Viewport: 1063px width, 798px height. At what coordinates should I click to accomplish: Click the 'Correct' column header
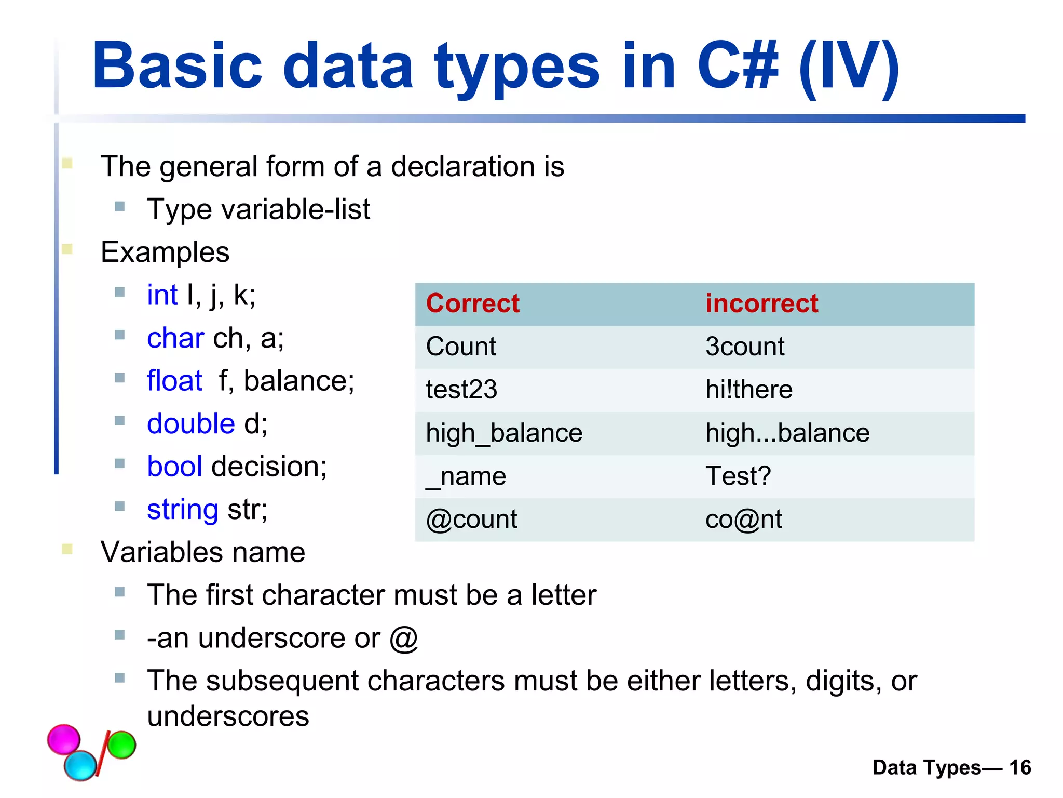tap(472, 303)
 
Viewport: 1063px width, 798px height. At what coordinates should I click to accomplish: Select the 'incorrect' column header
tap(761, 303)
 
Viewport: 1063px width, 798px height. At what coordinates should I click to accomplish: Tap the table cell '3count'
tap(745, 347)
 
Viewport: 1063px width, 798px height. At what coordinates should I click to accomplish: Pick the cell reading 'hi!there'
tap(748, 390)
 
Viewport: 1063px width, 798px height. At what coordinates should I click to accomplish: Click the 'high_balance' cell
tap(504, 433)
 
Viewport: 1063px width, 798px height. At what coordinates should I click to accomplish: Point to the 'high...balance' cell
tap(787, 433)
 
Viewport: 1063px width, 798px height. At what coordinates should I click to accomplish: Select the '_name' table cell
tap(466, 476)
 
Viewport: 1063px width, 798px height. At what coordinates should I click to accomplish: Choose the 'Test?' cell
tap(738, 476)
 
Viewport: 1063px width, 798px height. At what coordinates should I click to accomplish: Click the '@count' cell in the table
tap(471, 519)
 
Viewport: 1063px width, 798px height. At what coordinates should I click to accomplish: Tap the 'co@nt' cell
tap(743, 519)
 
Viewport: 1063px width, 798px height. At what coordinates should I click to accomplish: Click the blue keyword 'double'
tap(191, 423)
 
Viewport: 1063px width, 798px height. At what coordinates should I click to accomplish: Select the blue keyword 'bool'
tap(174, 467)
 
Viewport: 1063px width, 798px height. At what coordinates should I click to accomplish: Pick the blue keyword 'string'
tap(183, 510)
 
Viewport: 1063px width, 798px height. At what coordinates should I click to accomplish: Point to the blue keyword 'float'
tap(174, 381)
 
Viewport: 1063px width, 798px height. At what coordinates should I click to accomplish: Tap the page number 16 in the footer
tap(1020, 767)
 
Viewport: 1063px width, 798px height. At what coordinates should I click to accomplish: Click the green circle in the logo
tap(121, 744)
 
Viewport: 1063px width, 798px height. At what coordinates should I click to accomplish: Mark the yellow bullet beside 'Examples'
tap(67, 249)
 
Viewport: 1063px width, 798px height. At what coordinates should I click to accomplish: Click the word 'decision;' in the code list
tap(269, 467)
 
